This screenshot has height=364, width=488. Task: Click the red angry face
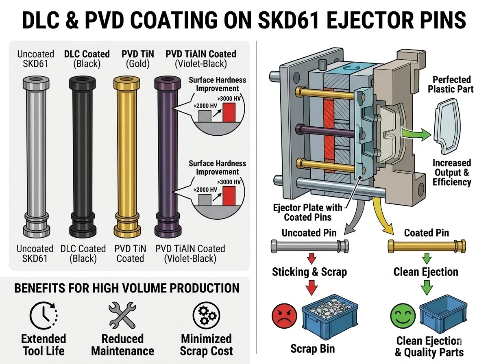click(284, 316)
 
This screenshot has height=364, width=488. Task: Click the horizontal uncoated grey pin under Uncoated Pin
click(310, 247)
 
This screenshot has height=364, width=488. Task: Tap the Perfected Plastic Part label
click(451, 84)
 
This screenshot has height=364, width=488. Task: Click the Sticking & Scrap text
click(310, 272)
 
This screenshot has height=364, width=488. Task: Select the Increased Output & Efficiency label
click(451, 172)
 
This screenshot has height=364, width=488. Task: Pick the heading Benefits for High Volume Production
click(126, 288)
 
